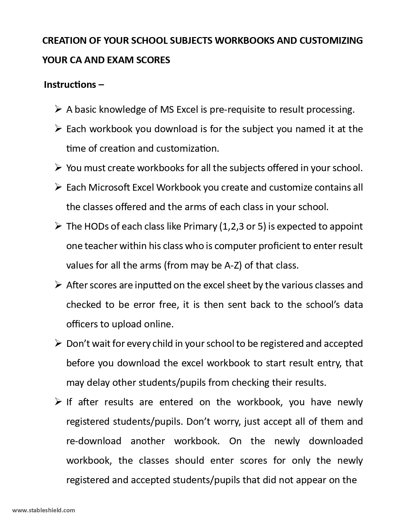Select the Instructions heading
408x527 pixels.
tap(70, 85)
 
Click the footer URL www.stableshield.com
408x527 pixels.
tap(44, 510)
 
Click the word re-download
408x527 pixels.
tap(94, 441)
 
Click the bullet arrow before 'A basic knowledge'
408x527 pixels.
tap(58, 110)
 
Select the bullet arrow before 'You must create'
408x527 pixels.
tap(58, 168)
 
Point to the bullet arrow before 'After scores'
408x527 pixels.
tap(58, 285)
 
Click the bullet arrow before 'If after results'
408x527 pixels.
tap(58, 402)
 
